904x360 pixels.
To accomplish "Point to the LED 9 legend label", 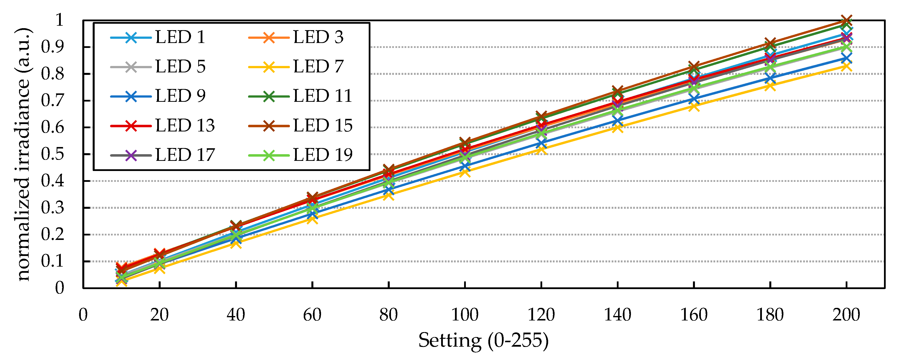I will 180,96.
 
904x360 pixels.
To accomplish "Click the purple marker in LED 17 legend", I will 131,155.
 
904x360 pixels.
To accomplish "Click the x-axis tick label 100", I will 465,315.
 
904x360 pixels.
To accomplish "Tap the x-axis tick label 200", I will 846,315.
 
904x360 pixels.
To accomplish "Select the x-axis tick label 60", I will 312,315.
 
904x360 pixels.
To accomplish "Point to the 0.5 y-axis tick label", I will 53,154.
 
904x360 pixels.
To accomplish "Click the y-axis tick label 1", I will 59,20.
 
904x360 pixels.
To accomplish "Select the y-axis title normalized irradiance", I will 24,154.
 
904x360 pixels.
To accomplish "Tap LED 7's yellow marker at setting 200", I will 846,66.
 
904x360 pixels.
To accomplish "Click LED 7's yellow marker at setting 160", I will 694,106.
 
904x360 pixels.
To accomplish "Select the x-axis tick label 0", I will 83,315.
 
